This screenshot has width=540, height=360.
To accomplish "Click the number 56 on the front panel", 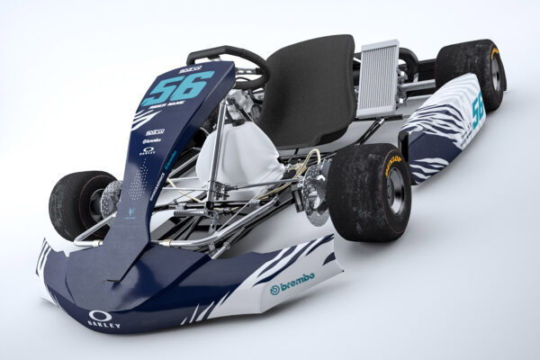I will [x=176, y=88].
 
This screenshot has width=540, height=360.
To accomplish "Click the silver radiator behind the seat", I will [x=377, y=78].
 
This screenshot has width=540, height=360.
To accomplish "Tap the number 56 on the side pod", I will [x=477, y=108].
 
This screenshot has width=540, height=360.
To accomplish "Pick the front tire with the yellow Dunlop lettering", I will [x=369, y=191].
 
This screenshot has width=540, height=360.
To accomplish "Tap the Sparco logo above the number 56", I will [x=190, y=68].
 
